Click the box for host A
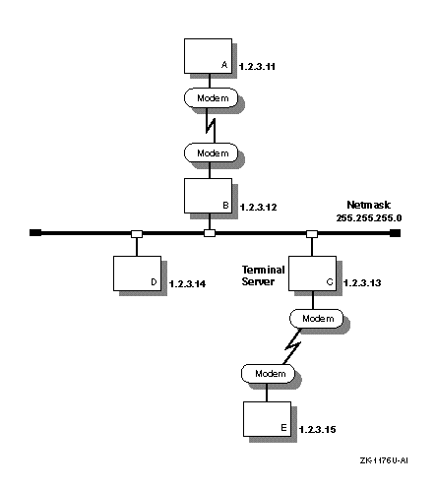click(x=208, y=56)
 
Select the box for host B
click(x=208, y=196)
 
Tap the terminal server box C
click(x=312, y=274)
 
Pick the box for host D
click(x=137, y=274)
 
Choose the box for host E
click(x=267, y=419)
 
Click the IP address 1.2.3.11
click(x=257, y=67)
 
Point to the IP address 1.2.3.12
click(x=259, y=208)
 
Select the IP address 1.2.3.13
click(x=362, y=282)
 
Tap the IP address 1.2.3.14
click(x=188, y=283)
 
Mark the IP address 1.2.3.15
click(x=318, y=429)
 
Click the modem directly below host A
click(x=211, y=97)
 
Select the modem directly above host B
click(x=211, y=152)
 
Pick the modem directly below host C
click(x=316, y=319)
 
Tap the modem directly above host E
click(x=268, y=374)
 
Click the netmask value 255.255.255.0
click(x=369, y=218)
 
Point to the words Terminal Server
click(x=263, y=275)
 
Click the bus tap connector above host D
click(x=137, y=234)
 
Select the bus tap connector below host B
click(x=210, y=233)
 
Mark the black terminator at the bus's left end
click(x=35, y=233)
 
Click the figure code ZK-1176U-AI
click(x=384, y=460)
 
